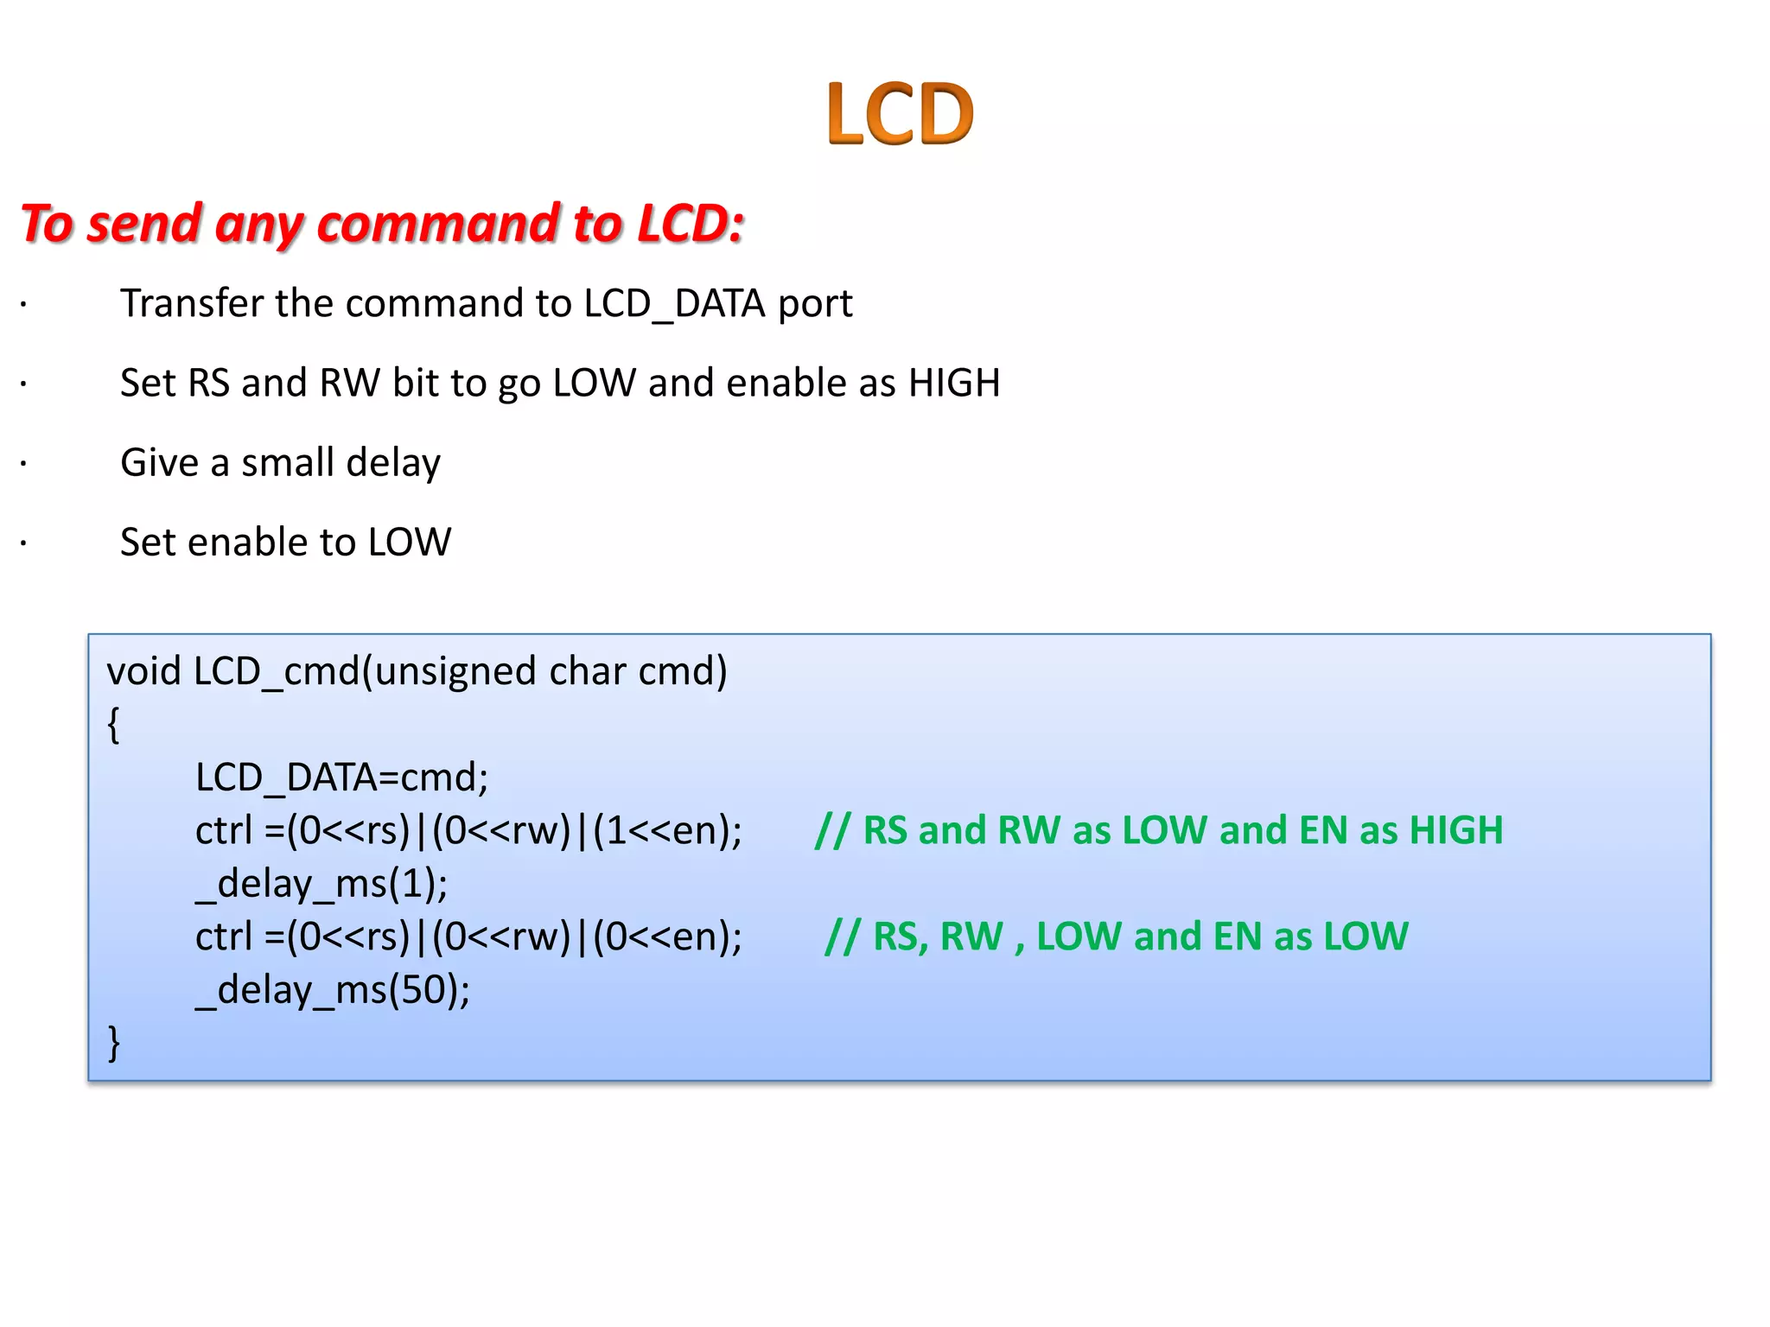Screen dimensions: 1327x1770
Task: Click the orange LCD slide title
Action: pyautogui.click(x=899, y=113)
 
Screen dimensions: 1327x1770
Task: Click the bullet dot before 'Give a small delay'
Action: pyautogui.click(x=24, y=464)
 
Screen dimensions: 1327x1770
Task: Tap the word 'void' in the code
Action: pyautogui.click(x=143, y=671)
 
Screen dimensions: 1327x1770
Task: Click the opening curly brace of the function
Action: pyautogui.click(x=113, y=724)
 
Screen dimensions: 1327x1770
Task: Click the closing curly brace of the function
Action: pyautogui.click(x=113, y=1043)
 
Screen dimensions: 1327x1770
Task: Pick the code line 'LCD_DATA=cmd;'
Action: pyautogui.click(x=341, y=778)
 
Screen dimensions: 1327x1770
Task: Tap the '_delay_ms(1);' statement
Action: pyautogui.click(x=322, y=884)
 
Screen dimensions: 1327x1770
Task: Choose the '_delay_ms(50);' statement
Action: pyautogui.click(x=333, y=990)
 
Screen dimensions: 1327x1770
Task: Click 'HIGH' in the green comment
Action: pyautogui.click(x=1455, y=830)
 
